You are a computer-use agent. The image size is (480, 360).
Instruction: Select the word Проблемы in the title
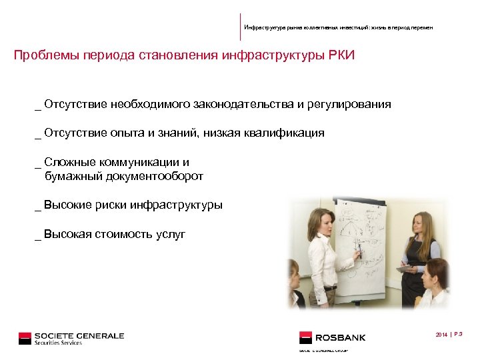[x=46, y=55]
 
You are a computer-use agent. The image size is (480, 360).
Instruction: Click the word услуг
[x=171, y=234]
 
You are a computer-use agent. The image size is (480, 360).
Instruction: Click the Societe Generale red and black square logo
[x=25, y=338]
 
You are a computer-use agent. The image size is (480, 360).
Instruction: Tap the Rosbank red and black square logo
[x=306, y=338]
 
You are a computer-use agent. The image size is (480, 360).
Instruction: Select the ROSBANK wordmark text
[x=341, y=338]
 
